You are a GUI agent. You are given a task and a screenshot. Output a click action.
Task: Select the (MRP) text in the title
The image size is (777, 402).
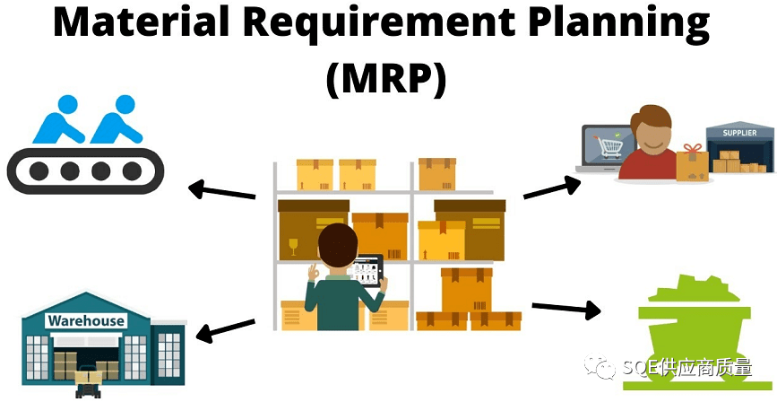point(386,79)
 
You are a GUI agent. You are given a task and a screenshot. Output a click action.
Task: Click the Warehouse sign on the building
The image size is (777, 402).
point(86,320)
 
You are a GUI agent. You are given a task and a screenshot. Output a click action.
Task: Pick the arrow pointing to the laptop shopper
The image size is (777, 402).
point(552,188)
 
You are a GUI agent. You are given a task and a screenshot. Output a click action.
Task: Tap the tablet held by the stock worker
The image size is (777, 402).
point(369,269)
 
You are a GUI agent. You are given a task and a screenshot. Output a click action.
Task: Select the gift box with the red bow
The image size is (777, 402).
point(692,161)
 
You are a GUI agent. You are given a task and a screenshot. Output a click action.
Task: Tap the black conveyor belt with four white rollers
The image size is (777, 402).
point(74,170)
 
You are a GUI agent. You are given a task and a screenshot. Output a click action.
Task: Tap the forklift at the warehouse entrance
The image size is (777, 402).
point(89,382)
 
